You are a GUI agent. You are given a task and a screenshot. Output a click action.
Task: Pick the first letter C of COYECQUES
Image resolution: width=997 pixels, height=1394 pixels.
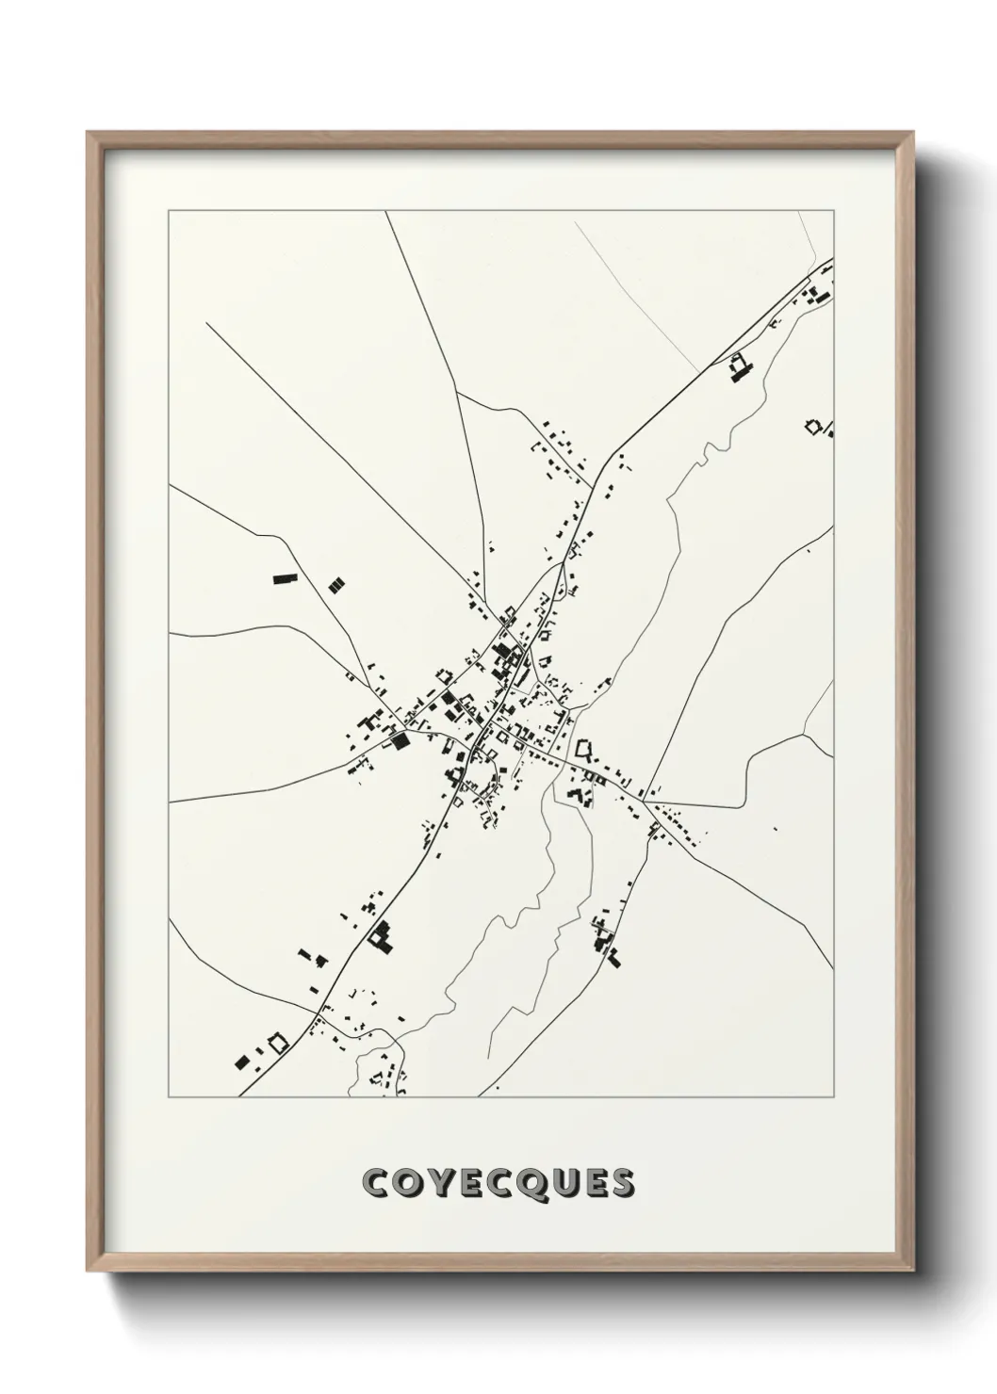tap(374, 1183)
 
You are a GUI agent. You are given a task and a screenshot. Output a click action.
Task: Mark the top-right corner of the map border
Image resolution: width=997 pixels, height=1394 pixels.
tap(833, 212)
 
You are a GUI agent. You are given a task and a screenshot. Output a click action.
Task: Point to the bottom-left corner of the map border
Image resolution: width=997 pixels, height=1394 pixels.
tap(169, 1097)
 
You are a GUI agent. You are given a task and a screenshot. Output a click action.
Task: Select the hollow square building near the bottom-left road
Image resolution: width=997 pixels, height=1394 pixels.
tap(277, 1043)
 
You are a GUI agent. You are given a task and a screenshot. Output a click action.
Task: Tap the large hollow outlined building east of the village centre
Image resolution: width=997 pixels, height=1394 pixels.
tap(584, 751)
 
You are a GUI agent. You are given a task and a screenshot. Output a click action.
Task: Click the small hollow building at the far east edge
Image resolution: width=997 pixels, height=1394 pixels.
tap(812, 426)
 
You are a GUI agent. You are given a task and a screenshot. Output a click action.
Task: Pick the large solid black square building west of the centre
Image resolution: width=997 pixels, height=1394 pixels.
tap(400, 740)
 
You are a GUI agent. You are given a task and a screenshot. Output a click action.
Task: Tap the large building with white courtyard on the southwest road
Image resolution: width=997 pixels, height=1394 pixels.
tap(381, 936)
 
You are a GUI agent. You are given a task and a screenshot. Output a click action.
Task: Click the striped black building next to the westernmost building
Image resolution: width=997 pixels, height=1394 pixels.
tap(335, 585)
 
